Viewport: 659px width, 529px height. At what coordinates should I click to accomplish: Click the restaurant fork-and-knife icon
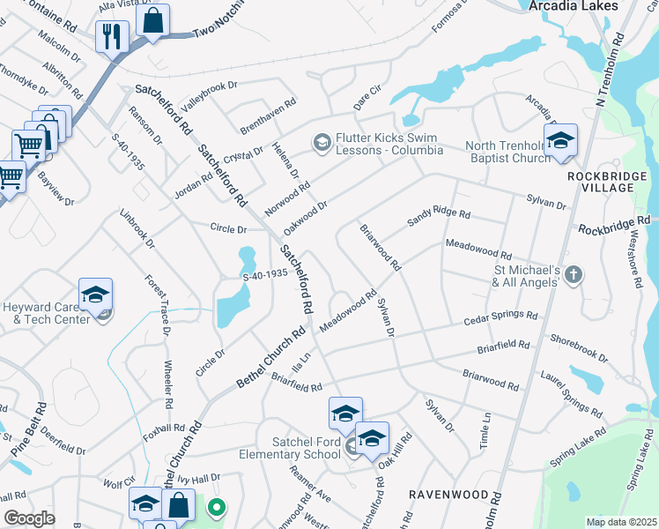coord(112,36)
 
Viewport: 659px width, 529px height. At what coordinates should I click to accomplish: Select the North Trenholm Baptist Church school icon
coord(559,142)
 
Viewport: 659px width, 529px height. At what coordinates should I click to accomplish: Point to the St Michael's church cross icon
coord(573,274)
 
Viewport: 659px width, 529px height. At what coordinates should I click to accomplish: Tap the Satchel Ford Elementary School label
coord(290,447)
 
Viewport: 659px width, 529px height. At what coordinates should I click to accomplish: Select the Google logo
coord(30,518)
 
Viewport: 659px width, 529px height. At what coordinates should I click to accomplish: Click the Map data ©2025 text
coord(622,522)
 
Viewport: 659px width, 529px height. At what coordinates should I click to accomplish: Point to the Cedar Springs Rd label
coord(501,318)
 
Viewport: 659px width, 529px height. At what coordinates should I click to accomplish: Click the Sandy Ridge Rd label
coord(439,219)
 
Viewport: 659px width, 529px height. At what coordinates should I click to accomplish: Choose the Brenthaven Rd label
coord(267,116)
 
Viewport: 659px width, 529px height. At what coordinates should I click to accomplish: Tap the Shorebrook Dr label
coord(579,347)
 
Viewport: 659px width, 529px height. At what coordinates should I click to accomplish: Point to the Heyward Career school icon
coord(96,295)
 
